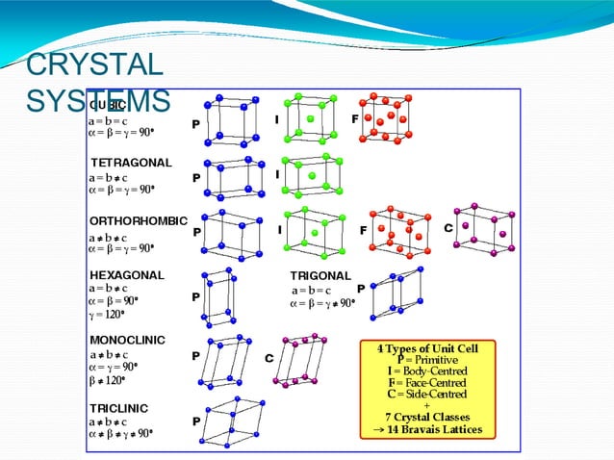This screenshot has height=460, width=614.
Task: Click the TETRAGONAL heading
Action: [x=131, y=162]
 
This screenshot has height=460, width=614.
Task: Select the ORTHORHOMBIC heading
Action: [x=139, y=221]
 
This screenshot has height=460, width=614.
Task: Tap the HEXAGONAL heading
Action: [x=127, y=274]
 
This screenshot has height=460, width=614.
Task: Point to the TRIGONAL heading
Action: [x=320, y=275]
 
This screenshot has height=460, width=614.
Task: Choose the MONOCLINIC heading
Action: [x=127, y=340]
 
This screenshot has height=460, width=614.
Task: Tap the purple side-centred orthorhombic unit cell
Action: [x=483, y=231]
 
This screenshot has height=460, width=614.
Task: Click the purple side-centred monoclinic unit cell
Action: [x=302, y=361]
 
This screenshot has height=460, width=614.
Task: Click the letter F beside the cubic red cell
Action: [x=355, y=118]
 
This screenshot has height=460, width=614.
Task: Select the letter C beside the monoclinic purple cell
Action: [x=269, y=357]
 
